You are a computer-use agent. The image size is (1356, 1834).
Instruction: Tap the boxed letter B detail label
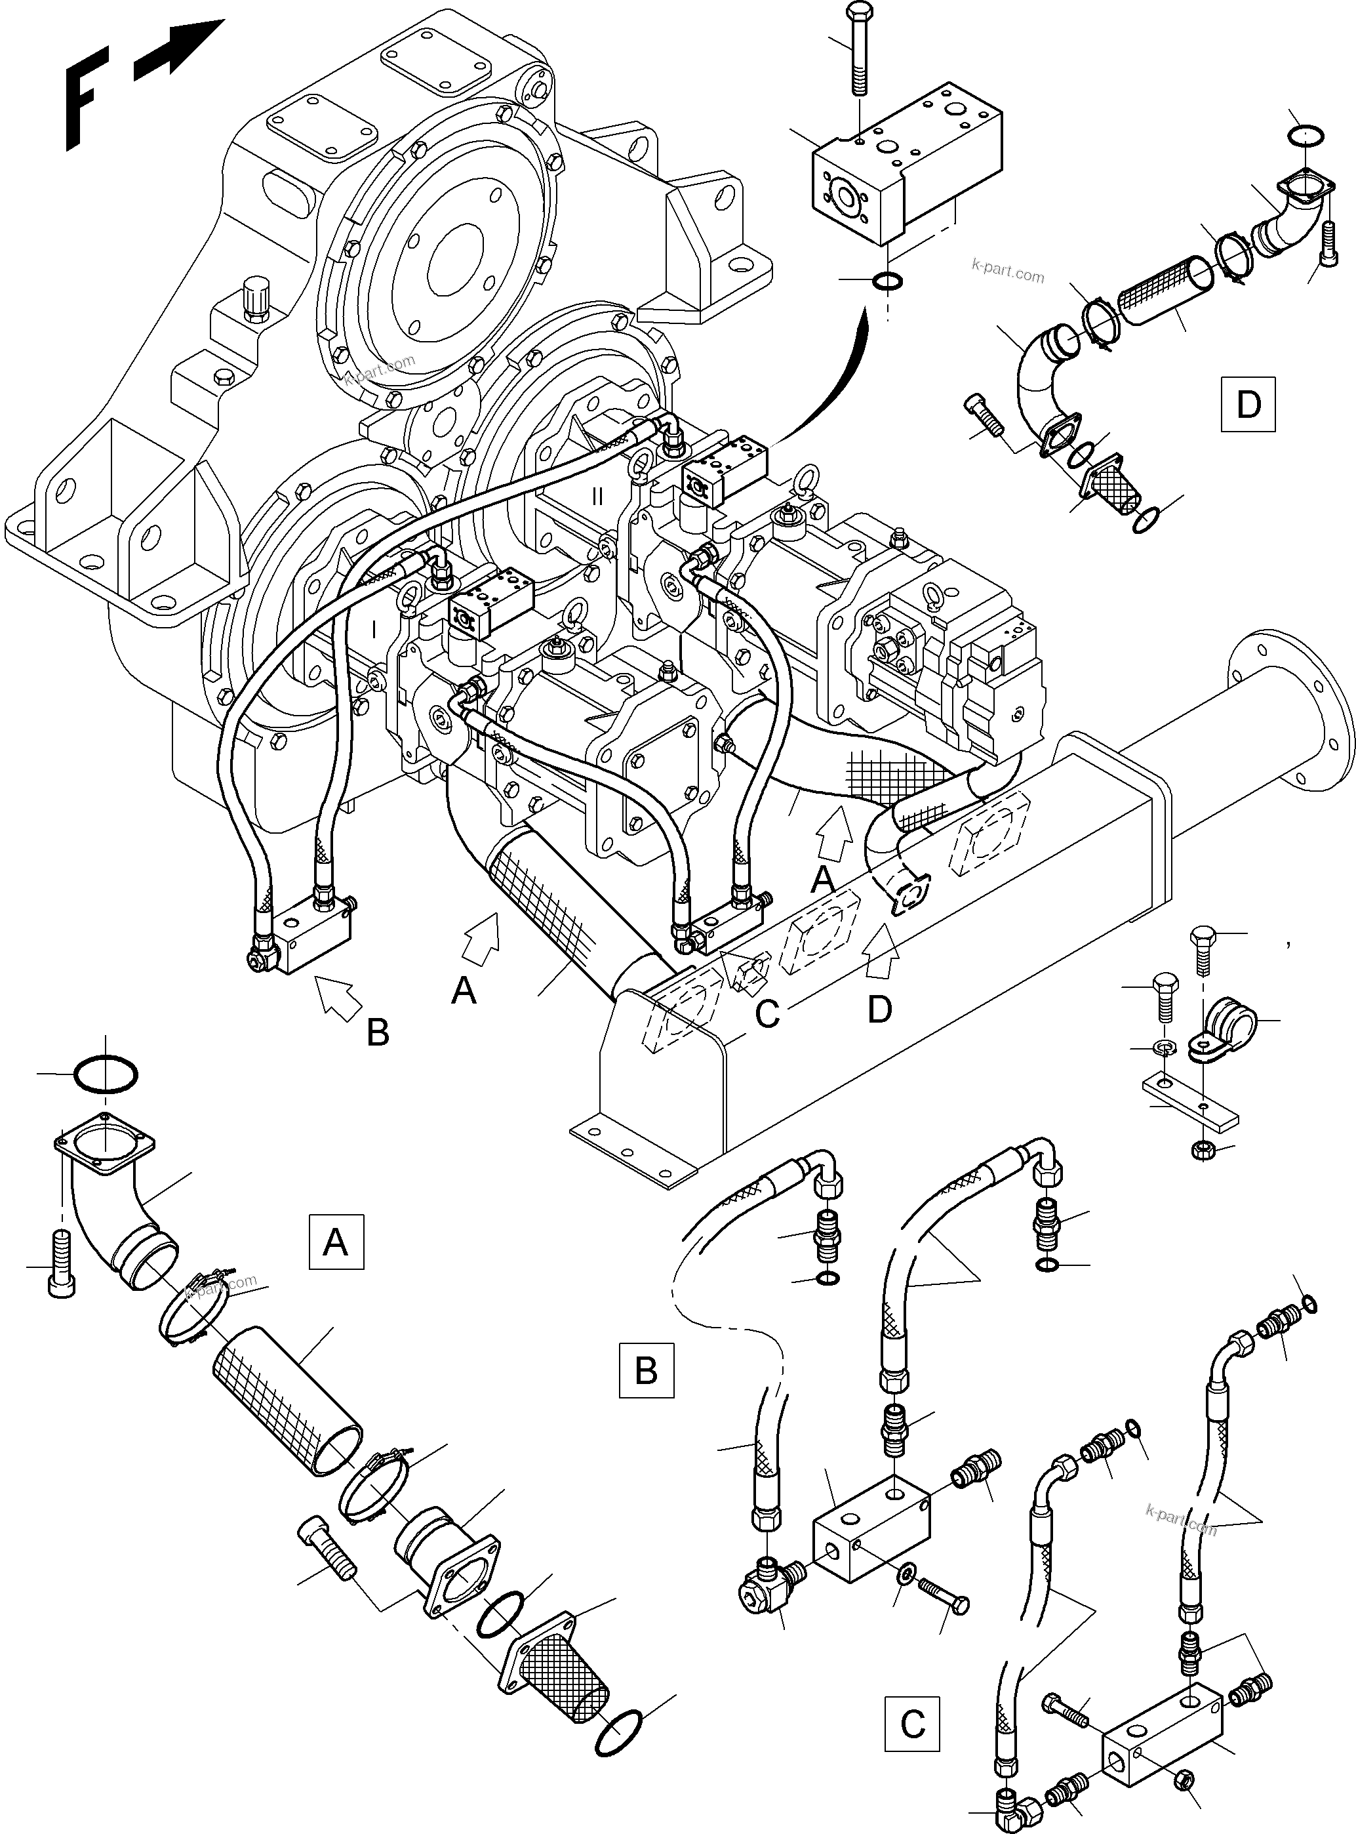646,1370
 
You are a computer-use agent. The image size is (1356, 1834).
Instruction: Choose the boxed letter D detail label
1248,404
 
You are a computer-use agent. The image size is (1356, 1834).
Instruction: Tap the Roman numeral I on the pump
374,630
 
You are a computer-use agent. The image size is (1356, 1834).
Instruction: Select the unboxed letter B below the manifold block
378,1032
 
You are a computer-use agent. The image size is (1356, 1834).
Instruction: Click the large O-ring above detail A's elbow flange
106,1074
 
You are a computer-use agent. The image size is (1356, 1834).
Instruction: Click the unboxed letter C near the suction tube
767,1015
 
